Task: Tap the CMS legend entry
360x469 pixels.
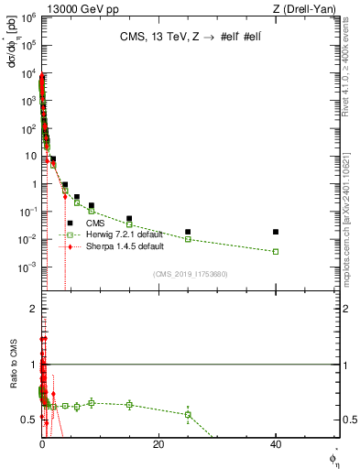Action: [x=95, y=223]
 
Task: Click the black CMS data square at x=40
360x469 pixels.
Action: [x=276, y=232]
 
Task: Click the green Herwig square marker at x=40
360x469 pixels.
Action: [x=276, y=251]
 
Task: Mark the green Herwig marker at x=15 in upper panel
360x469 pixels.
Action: [x=129, y=224]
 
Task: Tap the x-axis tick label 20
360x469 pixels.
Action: [x=158, y=444]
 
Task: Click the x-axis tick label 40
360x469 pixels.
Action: [x=276, y=444]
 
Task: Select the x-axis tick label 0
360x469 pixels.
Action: [x=42, y=444]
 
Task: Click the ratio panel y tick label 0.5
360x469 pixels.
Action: [x=30, y=420]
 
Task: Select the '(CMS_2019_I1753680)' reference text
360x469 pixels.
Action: [x=190, y=273]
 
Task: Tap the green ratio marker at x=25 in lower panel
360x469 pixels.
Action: [x=188, y=414]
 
